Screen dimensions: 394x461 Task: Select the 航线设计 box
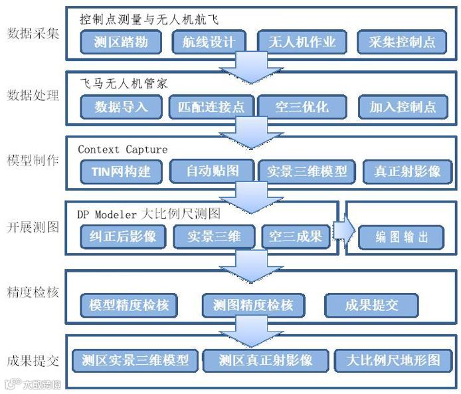tap(209, 43)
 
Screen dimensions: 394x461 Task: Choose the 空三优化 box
tap(293, 106)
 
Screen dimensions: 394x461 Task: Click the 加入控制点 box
tap(403, 106)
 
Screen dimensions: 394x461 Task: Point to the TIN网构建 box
tap(121, 171)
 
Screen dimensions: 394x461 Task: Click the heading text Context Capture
tap(122, 149)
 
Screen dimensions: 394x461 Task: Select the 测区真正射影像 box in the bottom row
tap(266, 361)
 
